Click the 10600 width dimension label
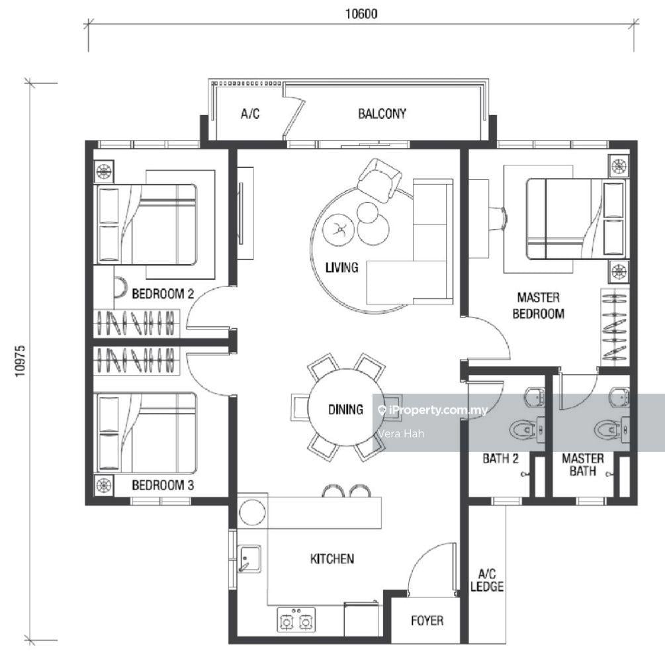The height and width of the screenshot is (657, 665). (361, 14)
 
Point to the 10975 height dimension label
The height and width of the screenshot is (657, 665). (20, 361)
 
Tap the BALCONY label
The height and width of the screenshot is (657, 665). (382, 114)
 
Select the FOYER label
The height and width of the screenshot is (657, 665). (427, 621)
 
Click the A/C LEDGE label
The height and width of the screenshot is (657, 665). (487, 580)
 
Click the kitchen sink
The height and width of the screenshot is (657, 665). (249, 559)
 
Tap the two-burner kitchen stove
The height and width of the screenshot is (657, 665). (296, 620)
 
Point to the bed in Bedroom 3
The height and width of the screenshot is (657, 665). (147, 432)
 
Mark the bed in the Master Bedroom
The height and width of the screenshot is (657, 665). (576, 218)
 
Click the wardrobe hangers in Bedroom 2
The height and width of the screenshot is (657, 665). (136, 324)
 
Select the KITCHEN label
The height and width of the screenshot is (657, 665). (332, 558)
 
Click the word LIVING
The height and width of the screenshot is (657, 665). (342, 267)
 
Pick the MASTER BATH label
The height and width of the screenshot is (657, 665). (583, 464)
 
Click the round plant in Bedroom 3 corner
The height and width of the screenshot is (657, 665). (104, 486)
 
